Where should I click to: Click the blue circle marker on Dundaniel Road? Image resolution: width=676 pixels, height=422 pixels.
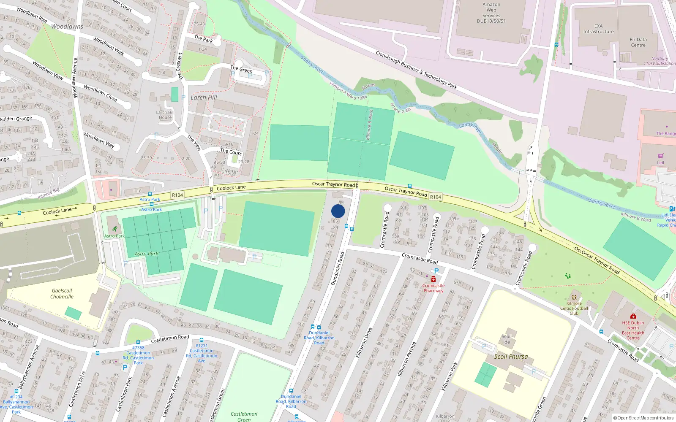tap(338, 211)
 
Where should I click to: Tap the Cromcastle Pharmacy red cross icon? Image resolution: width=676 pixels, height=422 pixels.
tap(433, 279)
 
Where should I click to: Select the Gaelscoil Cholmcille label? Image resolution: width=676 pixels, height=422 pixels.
tap(62, 294)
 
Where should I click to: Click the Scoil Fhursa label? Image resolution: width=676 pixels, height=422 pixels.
tap(511, 357)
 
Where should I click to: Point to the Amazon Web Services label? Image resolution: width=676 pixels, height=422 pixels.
tap(491, 13)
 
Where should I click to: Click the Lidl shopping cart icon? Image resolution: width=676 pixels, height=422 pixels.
tap(660, 156)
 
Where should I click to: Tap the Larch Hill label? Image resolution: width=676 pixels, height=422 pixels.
tap(204, 97)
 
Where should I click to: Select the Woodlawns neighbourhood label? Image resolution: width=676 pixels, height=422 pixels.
tap(67, 27)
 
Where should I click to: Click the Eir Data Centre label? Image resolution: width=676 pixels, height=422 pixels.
tap(638, 42)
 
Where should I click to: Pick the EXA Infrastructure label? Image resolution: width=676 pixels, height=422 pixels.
tap(598, 29)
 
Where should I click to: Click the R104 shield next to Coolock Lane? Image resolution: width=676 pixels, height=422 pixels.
tap(177, 195)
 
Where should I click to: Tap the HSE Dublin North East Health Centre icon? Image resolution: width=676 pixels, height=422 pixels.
tap(633, 316)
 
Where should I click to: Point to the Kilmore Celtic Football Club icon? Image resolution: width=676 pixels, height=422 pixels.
tap(574, 297)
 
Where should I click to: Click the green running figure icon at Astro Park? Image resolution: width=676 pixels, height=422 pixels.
tap(114, 229)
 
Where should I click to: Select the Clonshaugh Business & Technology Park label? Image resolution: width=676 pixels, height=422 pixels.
tap(416, 70)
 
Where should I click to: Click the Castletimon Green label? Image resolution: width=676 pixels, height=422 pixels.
tap(244, 417)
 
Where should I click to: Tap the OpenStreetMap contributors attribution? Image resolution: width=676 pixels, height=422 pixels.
tap(643, 418)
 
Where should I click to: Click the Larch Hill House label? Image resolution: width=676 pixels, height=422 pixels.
tap(165, 115)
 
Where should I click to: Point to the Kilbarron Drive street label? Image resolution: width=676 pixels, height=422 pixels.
tap(363, 343)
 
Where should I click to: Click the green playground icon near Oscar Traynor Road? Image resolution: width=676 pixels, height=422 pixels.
tap(568, 276)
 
